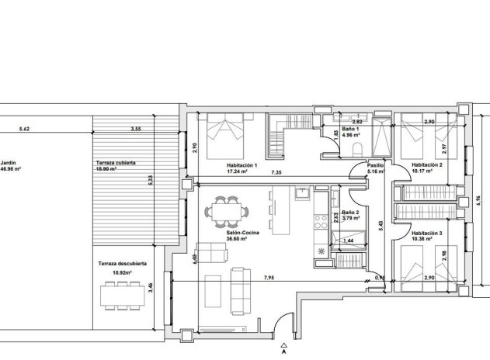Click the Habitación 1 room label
click(242, 165)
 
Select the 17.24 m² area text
click(238, 172)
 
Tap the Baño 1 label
click(352, 129)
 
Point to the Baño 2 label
click(350, 212)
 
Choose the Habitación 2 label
click(427, 165)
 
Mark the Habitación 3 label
click(427, 234)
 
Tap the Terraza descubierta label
click(123, 264)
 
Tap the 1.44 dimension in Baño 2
click(348, 242)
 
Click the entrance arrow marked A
click(286, 346)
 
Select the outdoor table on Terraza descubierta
click(123, 296)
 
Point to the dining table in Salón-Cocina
click(229, 209)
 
